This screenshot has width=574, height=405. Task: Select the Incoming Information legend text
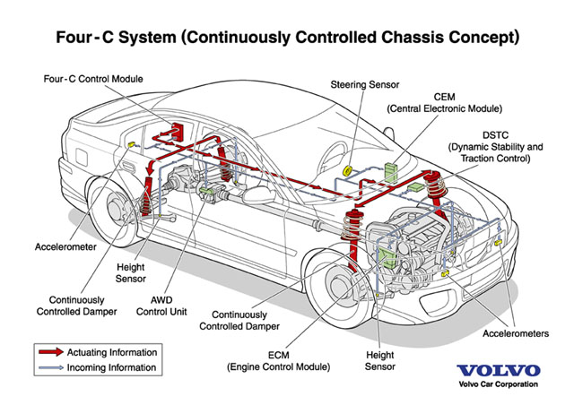click(x=118, y=367)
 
